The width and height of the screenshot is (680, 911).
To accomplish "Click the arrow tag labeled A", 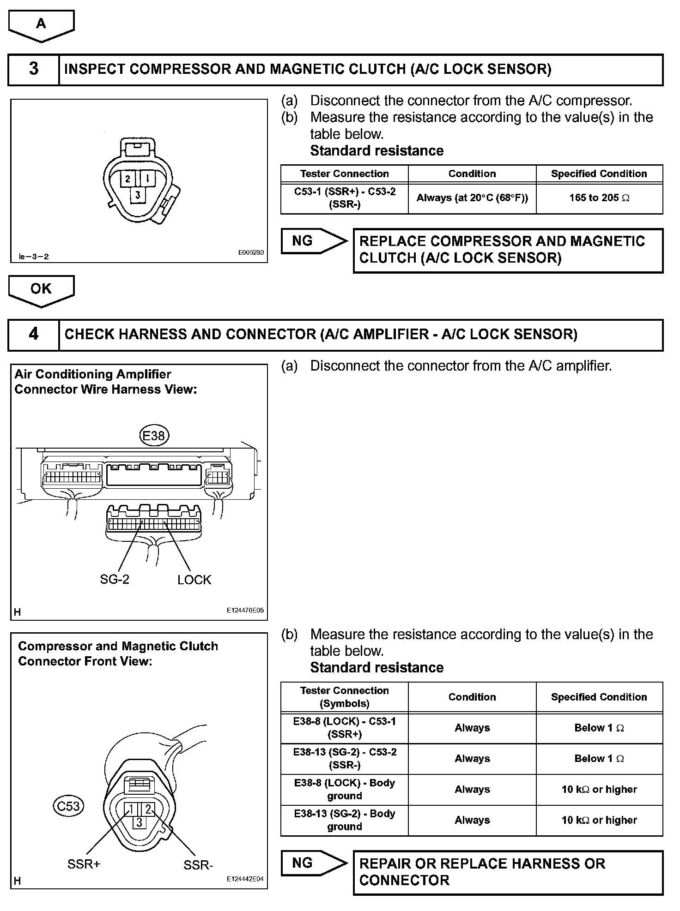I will point(41,24).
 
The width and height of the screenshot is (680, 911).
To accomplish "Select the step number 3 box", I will point(34,69).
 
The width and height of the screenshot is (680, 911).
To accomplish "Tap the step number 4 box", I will point(34,334).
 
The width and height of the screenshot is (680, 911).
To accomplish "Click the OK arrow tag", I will point(41,289).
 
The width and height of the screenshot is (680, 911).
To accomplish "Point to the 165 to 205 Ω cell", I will point(599,198).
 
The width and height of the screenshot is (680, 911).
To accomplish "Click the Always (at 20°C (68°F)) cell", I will point(472,198).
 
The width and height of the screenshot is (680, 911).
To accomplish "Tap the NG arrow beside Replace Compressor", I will point(314,241).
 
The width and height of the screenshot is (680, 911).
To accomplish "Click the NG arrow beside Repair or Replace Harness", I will point(314,863).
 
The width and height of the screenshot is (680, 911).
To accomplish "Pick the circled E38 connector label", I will point(154,436).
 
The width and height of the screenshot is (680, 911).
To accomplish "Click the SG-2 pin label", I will point(115,580).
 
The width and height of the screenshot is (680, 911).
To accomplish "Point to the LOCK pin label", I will point(194,580).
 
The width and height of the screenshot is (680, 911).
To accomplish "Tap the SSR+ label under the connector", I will point(84,864).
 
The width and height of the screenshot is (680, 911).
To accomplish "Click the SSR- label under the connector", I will point(198,865).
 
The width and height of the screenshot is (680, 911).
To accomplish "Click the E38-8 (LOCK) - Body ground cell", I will point(345,789).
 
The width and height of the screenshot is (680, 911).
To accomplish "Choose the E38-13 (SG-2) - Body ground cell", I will point(345,820).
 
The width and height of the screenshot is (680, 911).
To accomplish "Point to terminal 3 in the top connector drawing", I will point(138,195).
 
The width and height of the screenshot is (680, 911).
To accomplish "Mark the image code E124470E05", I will point(245,610).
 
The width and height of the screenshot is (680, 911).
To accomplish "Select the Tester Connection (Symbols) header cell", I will point(345,697).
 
